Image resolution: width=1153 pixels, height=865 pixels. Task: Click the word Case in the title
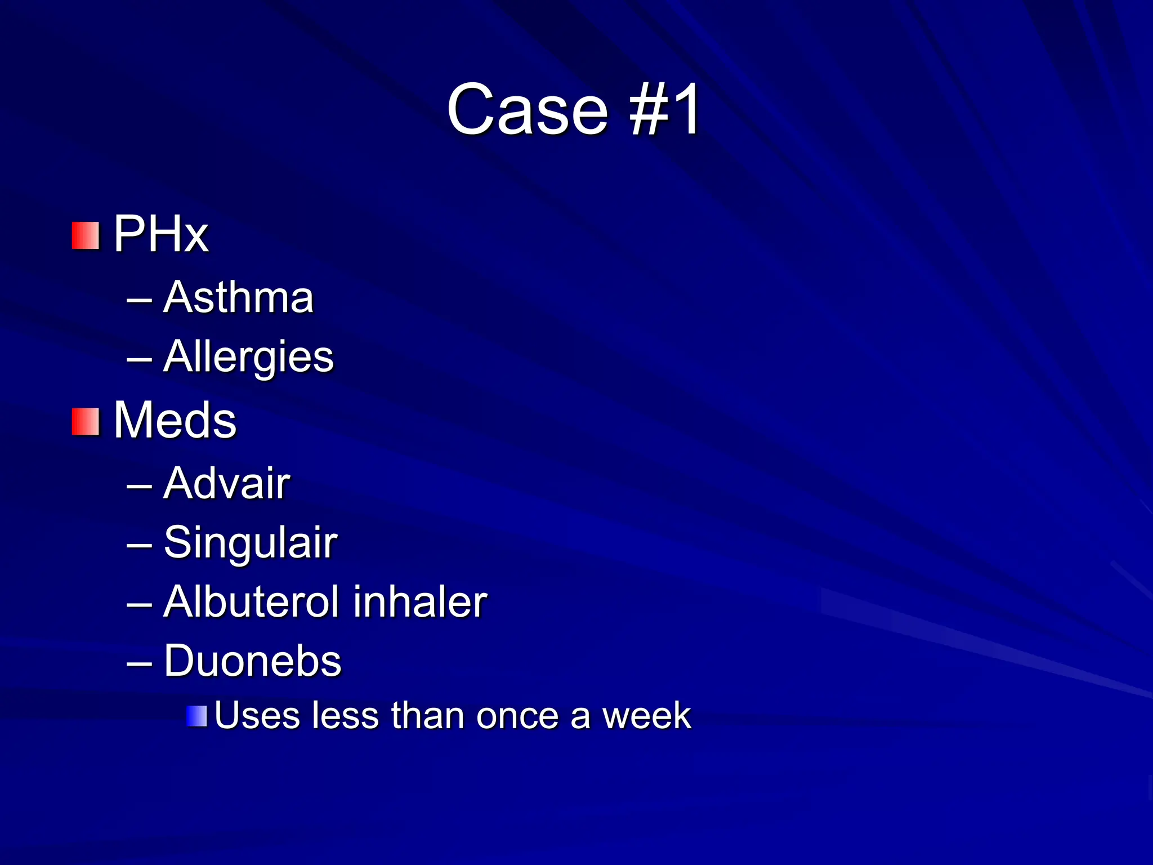tap(528, 109)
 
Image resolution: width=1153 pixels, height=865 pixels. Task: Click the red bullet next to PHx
tap(86, 235)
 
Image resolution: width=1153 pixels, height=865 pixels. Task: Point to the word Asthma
tap(238, 297)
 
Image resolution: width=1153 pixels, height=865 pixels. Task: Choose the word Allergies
tap(248, 357)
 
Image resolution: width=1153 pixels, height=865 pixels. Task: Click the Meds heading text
tap(175, 420)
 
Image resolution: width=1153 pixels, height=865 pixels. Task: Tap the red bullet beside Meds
tap(86, 422)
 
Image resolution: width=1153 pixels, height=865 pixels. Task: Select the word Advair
tap(226, 483)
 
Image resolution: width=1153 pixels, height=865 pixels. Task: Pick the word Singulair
tap(251, 542)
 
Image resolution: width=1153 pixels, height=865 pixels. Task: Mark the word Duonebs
tap(252, 661)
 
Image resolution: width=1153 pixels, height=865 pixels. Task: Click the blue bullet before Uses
tap(196, 716)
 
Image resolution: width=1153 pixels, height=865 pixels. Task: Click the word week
tap(646, 716)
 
